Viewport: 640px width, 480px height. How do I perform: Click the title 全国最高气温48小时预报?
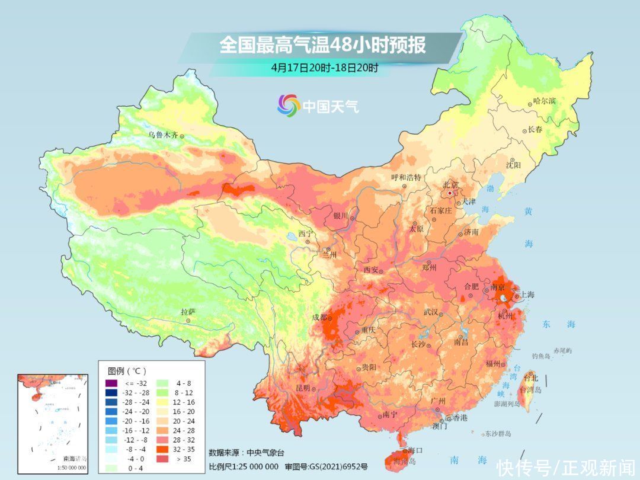323,45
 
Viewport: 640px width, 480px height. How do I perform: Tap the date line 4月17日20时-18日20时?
324,67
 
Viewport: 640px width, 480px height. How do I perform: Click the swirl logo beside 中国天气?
289,105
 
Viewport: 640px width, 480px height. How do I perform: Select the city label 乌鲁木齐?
162,135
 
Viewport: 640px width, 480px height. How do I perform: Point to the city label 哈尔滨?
545,101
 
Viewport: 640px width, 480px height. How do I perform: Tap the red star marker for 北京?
451,193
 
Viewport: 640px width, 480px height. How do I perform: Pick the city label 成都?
319,318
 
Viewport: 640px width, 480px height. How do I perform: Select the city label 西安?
370,270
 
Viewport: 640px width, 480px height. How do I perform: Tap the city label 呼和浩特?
406,177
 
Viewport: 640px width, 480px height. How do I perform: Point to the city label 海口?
416,450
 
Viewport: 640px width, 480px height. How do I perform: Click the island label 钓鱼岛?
542,356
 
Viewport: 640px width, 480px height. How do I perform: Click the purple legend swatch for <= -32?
110,385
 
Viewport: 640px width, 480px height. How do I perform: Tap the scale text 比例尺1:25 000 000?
244,466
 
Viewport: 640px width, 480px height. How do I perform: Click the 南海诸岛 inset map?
53,424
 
